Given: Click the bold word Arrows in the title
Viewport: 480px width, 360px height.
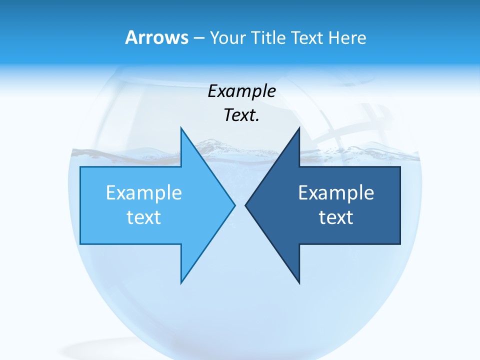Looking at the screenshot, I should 156,37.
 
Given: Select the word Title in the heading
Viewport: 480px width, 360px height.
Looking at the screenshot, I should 269,38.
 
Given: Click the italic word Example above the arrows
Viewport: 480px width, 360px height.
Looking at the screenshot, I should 241,91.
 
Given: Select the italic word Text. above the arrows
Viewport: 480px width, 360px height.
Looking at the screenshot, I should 241,115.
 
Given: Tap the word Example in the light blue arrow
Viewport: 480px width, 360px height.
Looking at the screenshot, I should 144,192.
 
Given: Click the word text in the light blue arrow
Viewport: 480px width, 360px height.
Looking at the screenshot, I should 144,217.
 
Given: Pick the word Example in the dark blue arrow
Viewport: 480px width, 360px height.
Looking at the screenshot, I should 336,192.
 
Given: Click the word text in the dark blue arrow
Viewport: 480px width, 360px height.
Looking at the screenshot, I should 336,217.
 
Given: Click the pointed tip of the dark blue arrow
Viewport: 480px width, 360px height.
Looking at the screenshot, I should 246,205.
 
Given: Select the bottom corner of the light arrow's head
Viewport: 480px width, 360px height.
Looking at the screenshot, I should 181,282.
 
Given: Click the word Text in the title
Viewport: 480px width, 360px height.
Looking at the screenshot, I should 308,38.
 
